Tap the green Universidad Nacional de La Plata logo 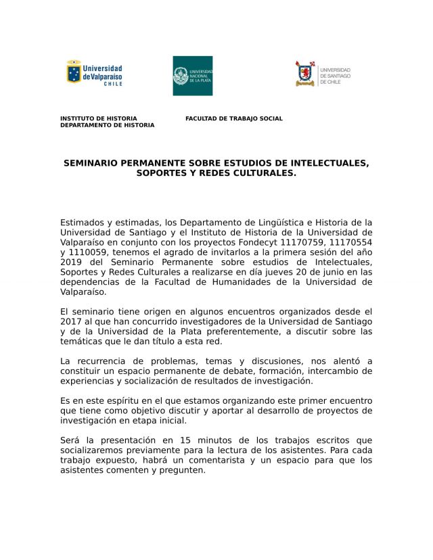click(193, 76)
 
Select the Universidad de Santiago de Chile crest click(306, 73)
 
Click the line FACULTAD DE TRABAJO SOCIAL click(234, 118)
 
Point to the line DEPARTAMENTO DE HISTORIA click(107, 125)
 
